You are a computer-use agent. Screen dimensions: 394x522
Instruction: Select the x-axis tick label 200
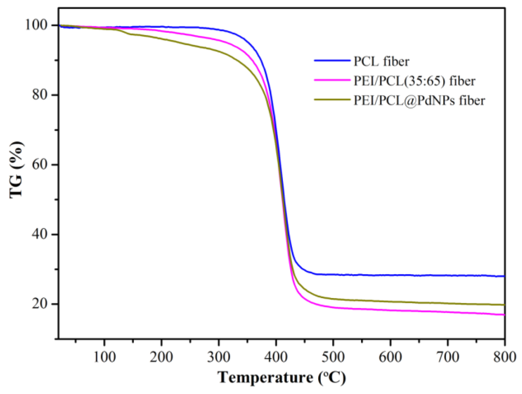pyautogui.click(x=161, y=357)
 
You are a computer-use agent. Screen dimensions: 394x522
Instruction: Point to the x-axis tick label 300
pyautogui.click(x=219, y=357)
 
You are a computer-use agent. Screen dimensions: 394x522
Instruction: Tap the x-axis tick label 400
pyautogui.click(x=276, y=357)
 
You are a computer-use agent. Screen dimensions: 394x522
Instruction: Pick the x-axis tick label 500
pyautogui.click(x=333, y=357)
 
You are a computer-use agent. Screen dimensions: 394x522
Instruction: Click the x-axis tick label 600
pyautogui.click(x=390, y=357)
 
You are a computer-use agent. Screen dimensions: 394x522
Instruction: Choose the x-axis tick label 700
pyautogui.click(x=447, y=357)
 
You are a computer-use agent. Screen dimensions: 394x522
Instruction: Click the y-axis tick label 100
pyautogui.click(x=38, y=25)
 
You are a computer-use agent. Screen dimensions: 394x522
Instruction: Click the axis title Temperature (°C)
pyautogui.click(x=282, y=378)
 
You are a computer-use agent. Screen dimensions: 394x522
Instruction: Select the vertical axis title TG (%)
pyautogui.click(x=16, y=170)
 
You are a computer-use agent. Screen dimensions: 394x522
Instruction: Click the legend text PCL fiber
pyautogui.click(x=381, y=61)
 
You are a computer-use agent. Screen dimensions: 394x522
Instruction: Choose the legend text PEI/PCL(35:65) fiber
pyautogui.click(x=414, y=81)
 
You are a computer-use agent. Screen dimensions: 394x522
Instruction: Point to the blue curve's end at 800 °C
pyautogui.click(x=504, y=276)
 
